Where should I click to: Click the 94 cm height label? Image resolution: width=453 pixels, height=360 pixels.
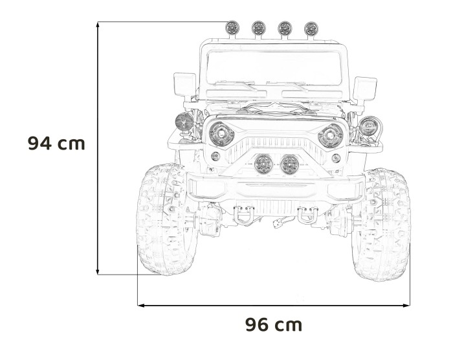pyautogui.click(x=57, y=143)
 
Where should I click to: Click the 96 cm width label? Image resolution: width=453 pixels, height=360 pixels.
pyautogui.click(x=274, y=324)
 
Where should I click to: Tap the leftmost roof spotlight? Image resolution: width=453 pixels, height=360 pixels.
pyautogui.click(x=232, y=28)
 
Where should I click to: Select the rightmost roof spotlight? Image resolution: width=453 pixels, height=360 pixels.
pyautogui.click(x=311, y=29)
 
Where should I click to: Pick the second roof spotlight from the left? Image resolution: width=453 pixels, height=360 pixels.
pyautogui.click(x=259, y=28)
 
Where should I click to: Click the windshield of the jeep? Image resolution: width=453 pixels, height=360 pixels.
pyautogui.click(x=274, y=68)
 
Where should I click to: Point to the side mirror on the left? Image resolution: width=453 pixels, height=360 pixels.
pyautogui.click(x=184, y=84)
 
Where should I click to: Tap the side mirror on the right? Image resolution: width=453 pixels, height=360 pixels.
pyautogui.click(x=364, y=89)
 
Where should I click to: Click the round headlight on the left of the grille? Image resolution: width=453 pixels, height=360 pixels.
pyautogui.click(x=221, y=134)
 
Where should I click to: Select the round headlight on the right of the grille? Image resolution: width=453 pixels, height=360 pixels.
pyautogui.click(x=330, y=135)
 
